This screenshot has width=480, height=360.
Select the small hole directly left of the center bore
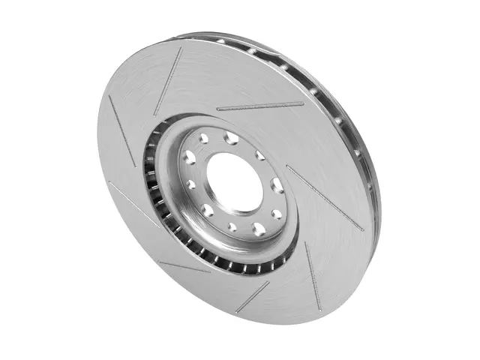[x=192, y=183]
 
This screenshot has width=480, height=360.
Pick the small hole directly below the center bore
[x=233, y=226]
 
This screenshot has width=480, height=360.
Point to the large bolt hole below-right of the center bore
[x=259, y=227]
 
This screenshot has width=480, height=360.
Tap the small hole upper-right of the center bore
[x=259, y=155]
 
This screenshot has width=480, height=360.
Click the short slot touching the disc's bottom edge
[x=253, y=296]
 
